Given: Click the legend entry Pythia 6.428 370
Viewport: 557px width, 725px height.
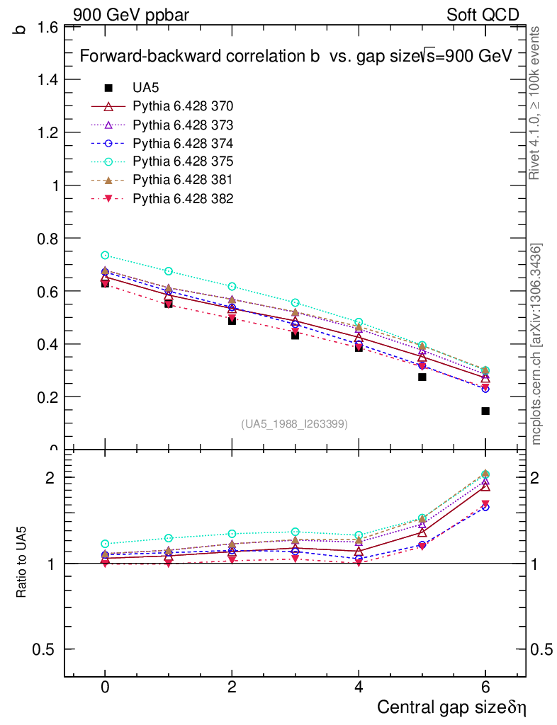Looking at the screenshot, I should pos(183,106).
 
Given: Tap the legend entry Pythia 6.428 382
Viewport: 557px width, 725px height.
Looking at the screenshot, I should pos(183,198).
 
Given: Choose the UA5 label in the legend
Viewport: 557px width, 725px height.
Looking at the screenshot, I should pos(145,88).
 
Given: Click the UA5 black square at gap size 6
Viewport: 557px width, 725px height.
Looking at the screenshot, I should pos(485,411).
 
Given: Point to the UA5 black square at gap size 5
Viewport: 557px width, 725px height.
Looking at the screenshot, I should pos(422,377).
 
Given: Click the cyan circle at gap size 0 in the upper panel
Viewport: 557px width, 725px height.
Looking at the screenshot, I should pos(105,255).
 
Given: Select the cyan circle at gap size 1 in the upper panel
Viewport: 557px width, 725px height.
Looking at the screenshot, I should pos(169,271).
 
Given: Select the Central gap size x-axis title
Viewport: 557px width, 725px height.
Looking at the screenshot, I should pos(451,707).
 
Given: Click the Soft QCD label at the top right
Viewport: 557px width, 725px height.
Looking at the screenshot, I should pos(483,15).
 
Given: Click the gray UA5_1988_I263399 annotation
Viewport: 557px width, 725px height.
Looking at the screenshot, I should pos(294,424).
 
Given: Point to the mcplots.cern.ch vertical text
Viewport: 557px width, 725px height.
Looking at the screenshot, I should pos(536,344).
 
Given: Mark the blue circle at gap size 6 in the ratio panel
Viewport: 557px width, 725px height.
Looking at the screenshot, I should pos(485,507).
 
